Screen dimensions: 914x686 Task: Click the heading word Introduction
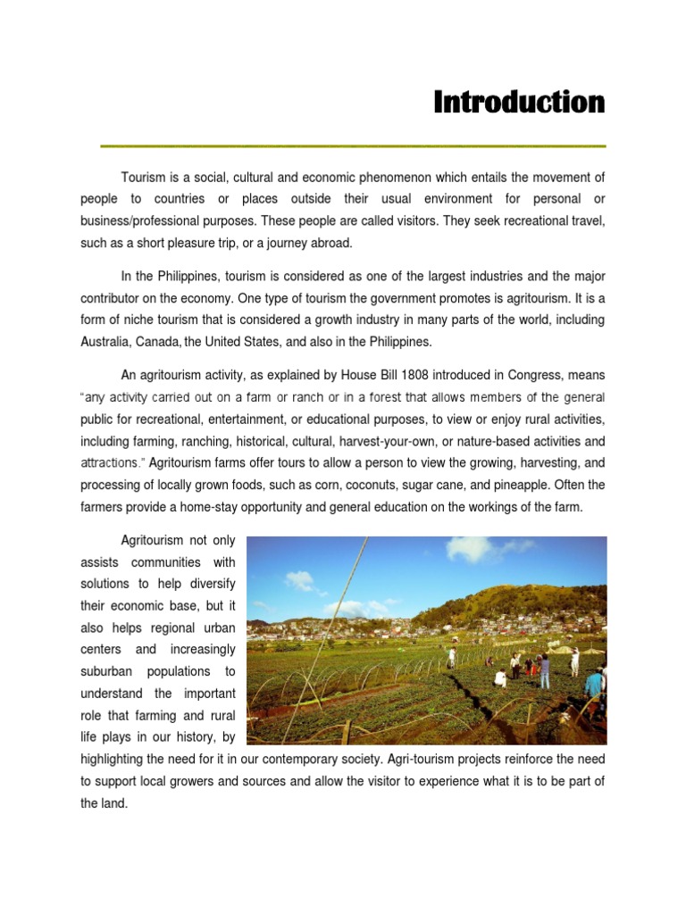click(x=519, y=103)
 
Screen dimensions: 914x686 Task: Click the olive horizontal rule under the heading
click(x=353, y=145)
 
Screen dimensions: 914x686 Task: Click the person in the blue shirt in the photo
click(x=594, y=685)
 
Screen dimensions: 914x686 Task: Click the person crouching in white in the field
click(x=500, y=679)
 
